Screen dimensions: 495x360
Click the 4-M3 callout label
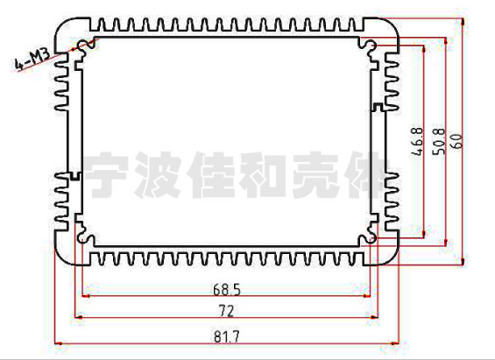click(x=32, y=59)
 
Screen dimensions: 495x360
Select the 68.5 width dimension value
click(x=227, y=290)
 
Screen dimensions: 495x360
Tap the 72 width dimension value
click(x=227, y=312)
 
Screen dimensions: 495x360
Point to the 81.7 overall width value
click(x=227, y=336)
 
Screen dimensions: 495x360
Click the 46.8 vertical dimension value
click(x=417, y=142)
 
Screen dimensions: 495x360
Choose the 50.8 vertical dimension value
click(x=439, y=142)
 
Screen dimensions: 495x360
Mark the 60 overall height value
click(x=457, y=141)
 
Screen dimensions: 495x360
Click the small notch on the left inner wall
click(x=74, y=176)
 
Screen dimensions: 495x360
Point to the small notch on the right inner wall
click(x=378, y=107)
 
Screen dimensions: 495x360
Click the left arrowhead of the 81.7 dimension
click(x=58, y=343)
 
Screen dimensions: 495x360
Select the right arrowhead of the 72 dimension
click(x=375, y=317)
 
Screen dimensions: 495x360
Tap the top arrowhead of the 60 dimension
click(x=463, y=22)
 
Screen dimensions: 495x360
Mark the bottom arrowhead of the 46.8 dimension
click(x=424, y=234)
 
